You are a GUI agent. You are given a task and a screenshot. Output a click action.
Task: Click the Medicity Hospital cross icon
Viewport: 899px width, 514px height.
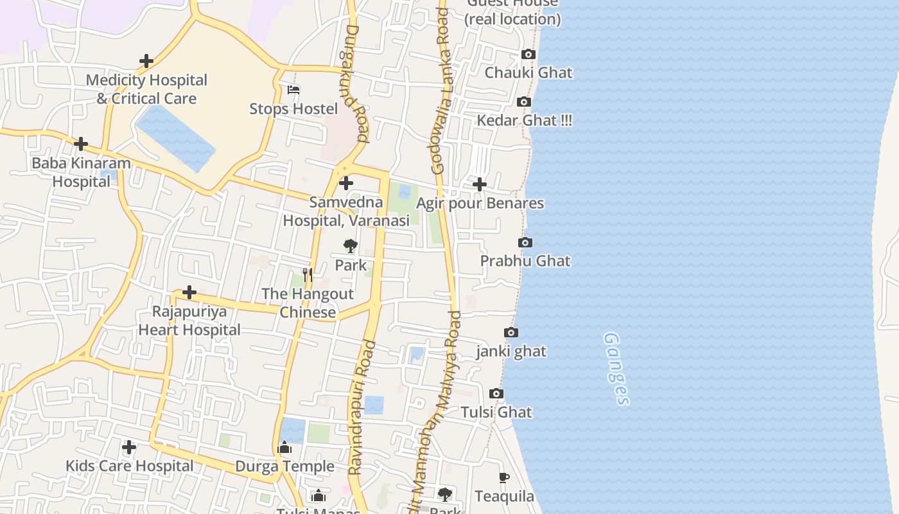[146, 61]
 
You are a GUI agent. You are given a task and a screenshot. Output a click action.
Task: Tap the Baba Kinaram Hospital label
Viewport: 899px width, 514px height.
[81, 172]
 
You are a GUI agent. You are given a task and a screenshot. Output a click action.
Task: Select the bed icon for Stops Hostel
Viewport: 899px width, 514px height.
[293, 90]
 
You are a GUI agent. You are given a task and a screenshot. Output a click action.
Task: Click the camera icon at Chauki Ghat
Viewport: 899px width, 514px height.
[528, 55]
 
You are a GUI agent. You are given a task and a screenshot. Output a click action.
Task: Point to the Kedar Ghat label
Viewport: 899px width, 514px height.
[524, 120]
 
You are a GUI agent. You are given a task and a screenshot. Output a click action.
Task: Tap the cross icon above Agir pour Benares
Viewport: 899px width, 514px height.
[479, 185]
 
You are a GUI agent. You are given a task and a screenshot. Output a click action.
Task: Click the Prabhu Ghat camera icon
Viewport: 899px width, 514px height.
[525, 243]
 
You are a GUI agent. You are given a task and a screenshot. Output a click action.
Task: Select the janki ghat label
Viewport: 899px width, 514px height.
[511, 351]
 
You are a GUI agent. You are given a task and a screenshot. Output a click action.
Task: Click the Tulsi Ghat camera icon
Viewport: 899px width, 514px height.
[496, 393]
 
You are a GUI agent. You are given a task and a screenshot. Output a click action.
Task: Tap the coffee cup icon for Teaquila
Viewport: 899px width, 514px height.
[504, 477]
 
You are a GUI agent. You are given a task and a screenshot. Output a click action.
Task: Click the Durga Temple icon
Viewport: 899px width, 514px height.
[284, 448]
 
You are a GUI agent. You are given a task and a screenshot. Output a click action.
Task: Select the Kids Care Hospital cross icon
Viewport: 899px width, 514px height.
[129, 447]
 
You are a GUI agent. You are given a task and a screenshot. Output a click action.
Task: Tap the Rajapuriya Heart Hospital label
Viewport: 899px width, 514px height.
[189, 321]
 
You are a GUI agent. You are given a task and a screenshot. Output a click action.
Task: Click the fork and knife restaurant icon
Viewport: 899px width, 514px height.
[308, 276]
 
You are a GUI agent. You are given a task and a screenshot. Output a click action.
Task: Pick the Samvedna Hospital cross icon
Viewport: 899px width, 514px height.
[346, 184]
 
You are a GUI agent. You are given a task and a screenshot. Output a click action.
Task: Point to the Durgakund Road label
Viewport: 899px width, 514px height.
[354, 84]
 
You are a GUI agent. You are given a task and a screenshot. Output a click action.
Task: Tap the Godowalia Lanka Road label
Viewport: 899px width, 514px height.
[441, 90]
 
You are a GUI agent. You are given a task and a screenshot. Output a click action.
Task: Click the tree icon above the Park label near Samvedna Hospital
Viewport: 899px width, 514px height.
[350, 246]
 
